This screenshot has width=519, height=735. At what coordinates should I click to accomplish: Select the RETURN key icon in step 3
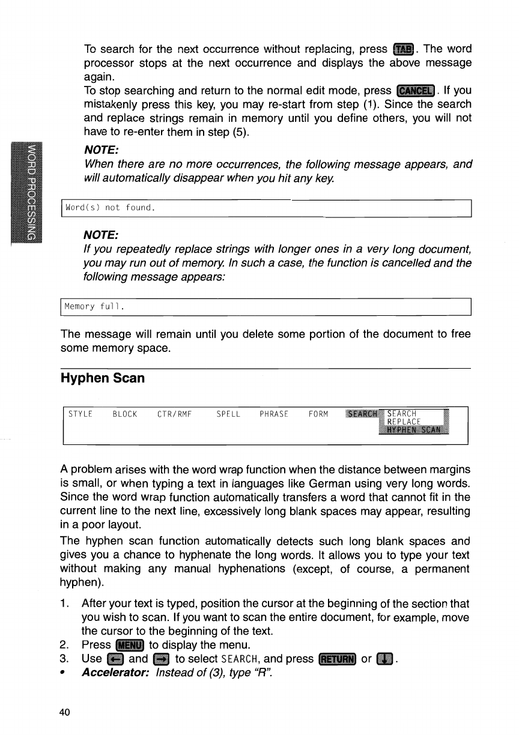(338, 659)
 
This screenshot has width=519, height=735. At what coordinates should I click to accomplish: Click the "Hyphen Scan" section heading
(103, 378)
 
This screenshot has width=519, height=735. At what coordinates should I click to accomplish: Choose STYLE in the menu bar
(80, 414)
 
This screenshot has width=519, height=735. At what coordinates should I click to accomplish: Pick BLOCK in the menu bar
(125, 414)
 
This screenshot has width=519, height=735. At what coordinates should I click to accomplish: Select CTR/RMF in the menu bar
(174, 414)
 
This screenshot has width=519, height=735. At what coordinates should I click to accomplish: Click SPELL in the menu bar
(228, 414)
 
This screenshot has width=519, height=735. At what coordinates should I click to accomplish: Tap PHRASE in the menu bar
(274, 414)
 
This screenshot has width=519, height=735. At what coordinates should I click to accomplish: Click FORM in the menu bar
(318, 414)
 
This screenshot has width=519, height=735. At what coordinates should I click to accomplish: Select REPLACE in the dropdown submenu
(404, 421)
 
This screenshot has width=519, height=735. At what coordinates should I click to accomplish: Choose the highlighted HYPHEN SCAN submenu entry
(414, 429)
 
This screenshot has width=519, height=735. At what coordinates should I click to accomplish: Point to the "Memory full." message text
(94, 307)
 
